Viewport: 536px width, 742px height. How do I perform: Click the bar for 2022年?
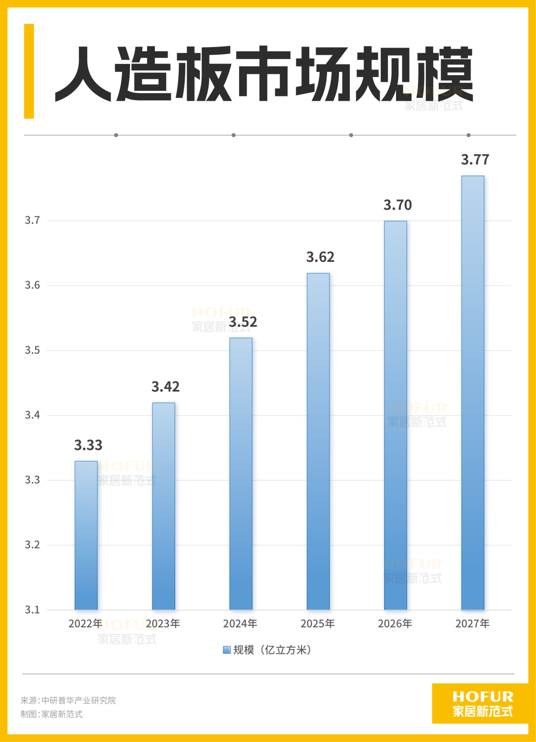[86, 536]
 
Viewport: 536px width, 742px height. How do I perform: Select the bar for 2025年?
[318, 441]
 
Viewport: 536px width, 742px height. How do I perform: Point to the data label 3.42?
[165, 387]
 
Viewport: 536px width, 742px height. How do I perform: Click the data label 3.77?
[475, 160]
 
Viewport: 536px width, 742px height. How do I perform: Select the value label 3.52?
[243, 322]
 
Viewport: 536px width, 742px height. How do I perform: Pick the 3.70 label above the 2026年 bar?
[398, 205]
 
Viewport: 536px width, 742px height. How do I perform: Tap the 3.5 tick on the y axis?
[32, 350]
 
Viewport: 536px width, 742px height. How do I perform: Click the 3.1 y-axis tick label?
[32, 610]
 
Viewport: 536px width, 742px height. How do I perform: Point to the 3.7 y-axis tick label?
[32, 220]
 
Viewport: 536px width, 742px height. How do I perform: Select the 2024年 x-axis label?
[240, 624]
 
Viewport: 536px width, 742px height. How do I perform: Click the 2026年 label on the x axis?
[395, 624]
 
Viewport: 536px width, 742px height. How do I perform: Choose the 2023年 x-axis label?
[163, 624]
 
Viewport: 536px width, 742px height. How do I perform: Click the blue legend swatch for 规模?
[227, 650]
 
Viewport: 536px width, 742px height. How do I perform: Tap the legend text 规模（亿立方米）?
[272, 650]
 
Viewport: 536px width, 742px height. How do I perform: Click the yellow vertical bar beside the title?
[29, 71]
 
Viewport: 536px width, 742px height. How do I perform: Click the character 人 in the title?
[83, 74]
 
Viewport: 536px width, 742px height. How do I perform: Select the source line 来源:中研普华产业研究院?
[68, 700]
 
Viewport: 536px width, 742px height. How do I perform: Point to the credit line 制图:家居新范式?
[52, 714]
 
